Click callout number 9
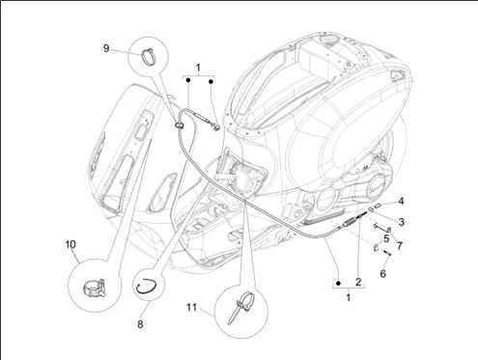pos(106,48)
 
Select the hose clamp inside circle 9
pos(149,56)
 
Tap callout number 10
pos(70,244)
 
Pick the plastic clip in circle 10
pos(95,288)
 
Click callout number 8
pos(140,324)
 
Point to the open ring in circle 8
pos(147,286)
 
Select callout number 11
pos(191,308)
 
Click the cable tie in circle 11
pos(240,307)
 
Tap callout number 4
pos(401,202)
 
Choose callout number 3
pos(401,222)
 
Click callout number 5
pos(386,238)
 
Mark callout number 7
pos(400,246)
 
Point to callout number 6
pos(382,274)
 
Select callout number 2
pos(358,282)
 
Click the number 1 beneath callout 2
pos(348,297)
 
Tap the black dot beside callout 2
pos(338,283)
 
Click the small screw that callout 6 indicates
pos(387,253)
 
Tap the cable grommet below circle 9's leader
pos(180,125)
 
